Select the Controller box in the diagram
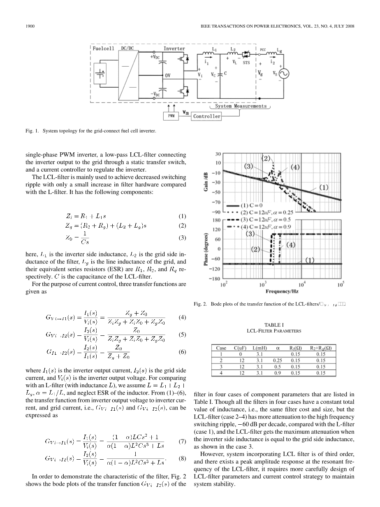click(x=207, y=116)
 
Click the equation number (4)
click(x=183, y=317)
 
